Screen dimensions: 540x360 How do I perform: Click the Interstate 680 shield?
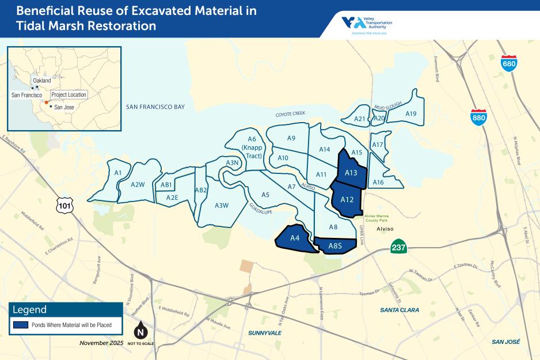[x=509, y=63]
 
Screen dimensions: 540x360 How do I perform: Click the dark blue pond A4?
[x=295, y=238]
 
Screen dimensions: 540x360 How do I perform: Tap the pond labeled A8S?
[x=335, y=247]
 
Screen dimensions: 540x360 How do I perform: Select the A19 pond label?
[x=410, y=113]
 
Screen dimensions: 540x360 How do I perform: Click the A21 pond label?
[x=359, y=119]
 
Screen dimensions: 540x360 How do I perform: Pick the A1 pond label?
[x=117, y=173]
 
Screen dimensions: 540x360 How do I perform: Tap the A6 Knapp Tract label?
[x=252, y=147]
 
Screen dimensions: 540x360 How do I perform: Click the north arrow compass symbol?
[x=139, y=332]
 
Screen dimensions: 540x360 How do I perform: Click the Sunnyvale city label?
[x=264, y=333]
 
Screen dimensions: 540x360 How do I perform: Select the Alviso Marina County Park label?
[x=378, y=218]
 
